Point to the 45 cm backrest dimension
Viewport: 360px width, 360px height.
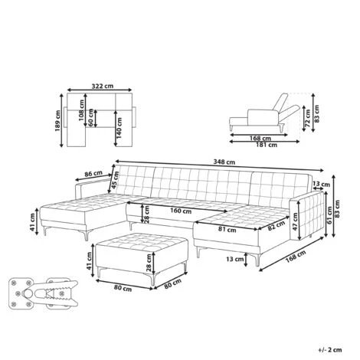114,184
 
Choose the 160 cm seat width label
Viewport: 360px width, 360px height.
180,211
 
